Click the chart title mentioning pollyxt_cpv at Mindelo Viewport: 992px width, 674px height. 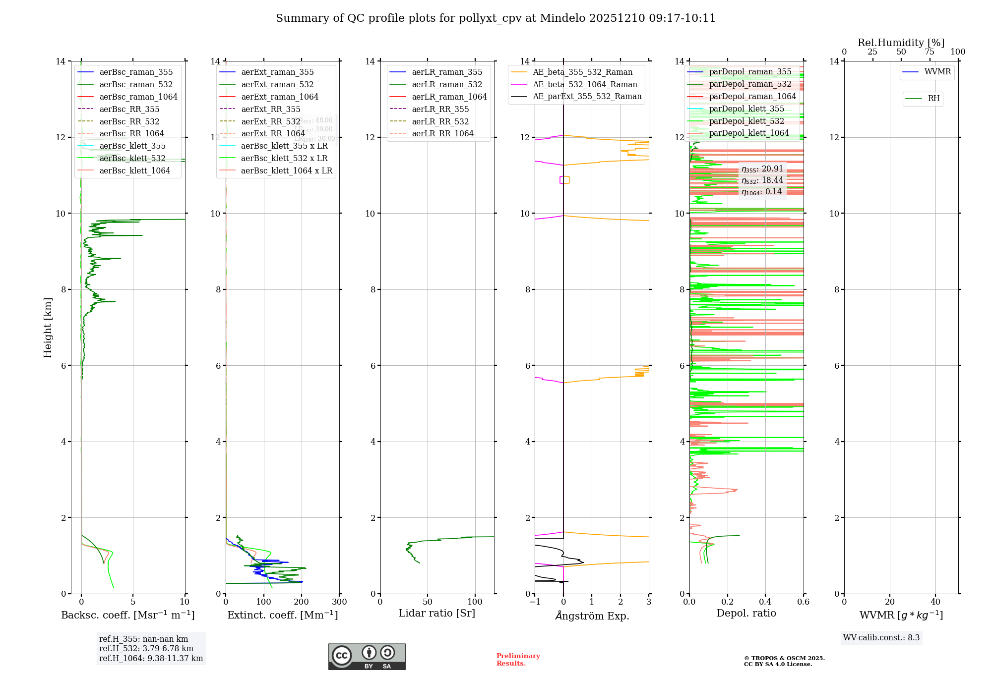[x=496, y=18]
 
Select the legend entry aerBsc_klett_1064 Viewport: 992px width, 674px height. [x=134, y=170]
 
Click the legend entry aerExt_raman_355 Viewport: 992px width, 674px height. [x=277, y=72]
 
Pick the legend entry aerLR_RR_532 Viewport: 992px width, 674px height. [x=440, y=121]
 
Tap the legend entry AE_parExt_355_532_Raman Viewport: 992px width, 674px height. [x=587, y=97]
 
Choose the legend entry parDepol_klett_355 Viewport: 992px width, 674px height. [x=746, y=109]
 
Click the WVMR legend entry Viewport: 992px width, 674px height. [x=937, y=72]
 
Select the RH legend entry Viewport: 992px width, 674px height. [x=933, y=99]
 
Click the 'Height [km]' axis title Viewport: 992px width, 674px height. [x=48, y=328]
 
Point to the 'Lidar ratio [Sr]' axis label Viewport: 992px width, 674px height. [x=437, y=613]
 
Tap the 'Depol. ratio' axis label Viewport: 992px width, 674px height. [x=746, y=613]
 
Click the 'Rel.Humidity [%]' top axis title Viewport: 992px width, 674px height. [x=901, y=43]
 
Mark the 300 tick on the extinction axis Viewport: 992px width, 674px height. [x=340, y=602]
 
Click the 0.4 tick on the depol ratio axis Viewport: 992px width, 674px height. [x=765, y=602]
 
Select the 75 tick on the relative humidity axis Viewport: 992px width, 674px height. [x=930, y=52]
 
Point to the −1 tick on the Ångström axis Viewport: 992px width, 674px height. [x=534, y=602]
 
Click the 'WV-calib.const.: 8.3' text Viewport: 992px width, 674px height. [x=881, y=638]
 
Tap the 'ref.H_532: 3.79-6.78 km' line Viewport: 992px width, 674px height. [x=146, y=649]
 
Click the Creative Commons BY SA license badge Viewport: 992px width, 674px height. [x=367, y=657]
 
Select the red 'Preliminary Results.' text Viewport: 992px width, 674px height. [x=518, y=660]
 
